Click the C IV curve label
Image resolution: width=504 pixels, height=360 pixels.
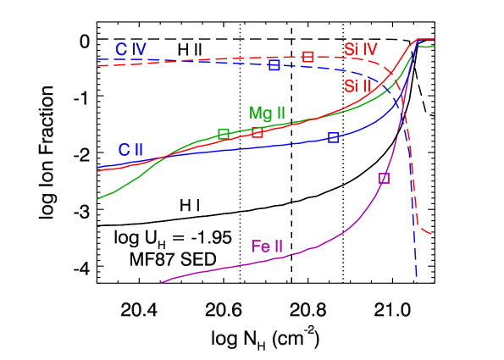131,49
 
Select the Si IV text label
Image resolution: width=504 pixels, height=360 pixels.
361,48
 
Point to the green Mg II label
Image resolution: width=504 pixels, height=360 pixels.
267,113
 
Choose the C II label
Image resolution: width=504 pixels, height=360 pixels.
130,150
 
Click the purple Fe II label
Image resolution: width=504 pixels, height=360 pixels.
267,247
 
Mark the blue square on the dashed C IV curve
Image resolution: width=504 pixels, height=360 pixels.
274,64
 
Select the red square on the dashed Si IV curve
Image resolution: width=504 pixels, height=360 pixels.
307,57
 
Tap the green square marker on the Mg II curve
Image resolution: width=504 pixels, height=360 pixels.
224,134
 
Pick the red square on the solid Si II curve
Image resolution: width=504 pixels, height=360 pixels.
258,132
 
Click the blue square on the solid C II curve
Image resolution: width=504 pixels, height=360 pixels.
333,138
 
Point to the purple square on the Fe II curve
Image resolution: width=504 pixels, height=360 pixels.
384,178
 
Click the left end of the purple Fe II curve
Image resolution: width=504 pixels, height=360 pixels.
161,281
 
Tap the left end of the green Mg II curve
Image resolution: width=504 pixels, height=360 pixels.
98,199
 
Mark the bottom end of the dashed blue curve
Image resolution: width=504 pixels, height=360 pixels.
417,276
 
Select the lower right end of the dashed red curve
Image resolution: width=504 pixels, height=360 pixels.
433,233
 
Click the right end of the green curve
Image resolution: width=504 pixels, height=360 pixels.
434,47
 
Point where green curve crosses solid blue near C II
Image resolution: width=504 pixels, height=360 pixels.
163,155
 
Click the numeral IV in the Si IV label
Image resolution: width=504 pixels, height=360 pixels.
369,48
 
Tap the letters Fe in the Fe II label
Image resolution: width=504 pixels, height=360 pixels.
259,247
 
